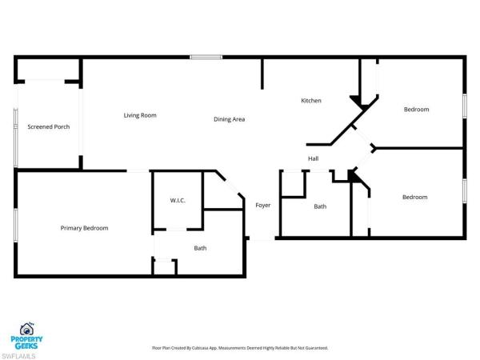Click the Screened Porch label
pos(49,126)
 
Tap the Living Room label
pos(140,115)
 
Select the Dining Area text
pos(229,119)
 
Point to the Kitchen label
pos(311,101)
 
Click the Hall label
pos(314,158)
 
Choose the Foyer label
pos(262,206)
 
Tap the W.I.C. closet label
pos(178,200)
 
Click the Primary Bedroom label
pos(85,228)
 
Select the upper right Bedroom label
pos(416,110)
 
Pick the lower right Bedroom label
pos(414,197)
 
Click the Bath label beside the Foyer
pos(320,206)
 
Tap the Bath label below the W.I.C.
pos(200,248)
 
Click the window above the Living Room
pos(206,56)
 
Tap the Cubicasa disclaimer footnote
pos(240,348)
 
